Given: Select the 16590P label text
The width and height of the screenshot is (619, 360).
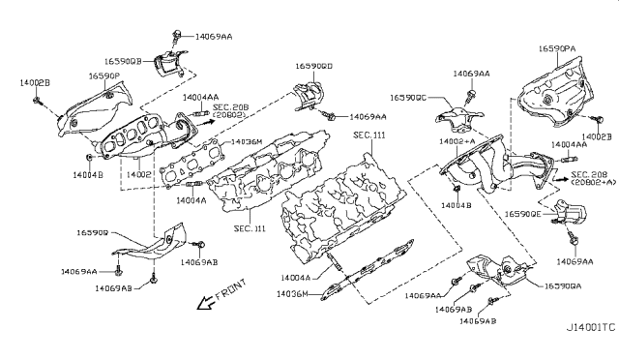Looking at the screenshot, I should pos(104,75).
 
